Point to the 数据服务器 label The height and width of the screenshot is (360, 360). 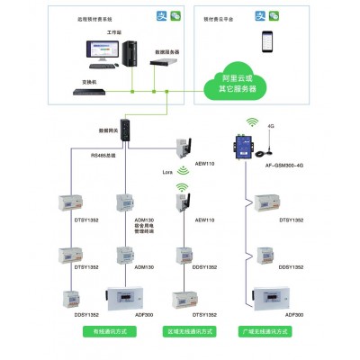(166, 53)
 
